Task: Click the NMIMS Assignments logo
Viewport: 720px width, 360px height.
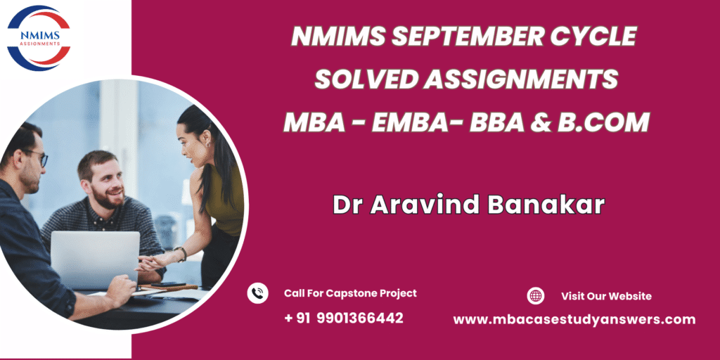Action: click(x=39, y=38)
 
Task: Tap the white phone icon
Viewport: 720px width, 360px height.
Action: click(x=257, y=293)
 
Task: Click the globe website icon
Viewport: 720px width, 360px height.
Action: click(x=535, y=296)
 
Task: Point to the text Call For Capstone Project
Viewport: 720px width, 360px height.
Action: click(x=350, y=293)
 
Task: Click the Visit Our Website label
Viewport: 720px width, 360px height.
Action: click(x=606, y=296)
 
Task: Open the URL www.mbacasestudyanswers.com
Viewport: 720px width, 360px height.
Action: click(x=574, y=320)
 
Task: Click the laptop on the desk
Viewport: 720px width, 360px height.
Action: click(x=95, y=260)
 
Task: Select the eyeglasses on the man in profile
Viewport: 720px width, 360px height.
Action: click(x=37, y=157)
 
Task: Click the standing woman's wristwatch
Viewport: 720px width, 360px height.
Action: click(x=181, y=253)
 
